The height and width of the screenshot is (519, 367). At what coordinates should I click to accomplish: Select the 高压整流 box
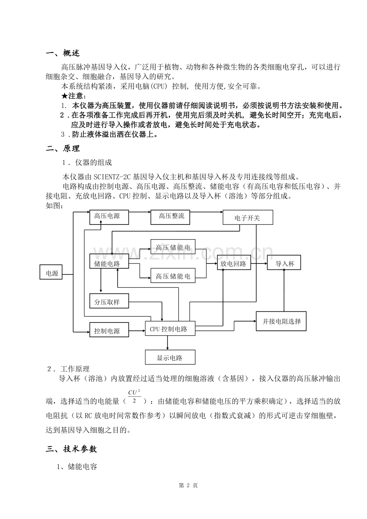click(170, 216)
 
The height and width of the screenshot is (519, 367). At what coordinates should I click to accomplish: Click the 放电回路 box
click(233, 263)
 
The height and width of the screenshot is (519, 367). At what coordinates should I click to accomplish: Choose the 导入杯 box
click(284, 263)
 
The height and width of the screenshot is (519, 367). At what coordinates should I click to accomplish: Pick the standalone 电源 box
click(51, 273)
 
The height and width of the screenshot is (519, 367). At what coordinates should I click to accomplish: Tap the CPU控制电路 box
click(170, 329)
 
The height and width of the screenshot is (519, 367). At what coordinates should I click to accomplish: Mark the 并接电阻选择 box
click(281, 321)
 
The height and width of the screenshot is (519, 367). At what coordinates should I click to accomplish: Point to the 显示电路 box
click(170, 358)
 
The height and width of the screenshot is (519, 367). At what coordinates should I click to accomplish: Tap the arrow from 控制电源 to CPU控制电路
click(137, 330)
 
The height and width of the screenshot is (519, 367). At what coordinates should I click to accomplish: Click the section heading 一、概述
click(63, 53)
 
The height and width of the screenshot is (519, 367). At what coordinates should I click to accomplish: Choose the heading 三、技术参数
click(71, 449)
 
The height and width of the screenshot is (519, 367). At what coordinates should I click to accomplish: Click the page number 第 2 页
click(188, 485)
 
